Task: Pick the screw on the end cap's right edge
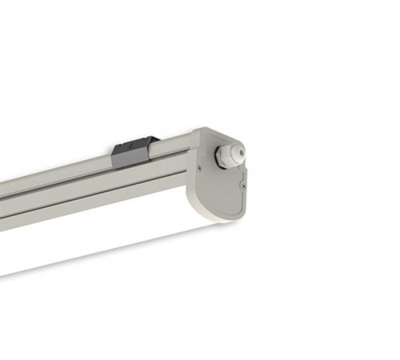tap(244, 184)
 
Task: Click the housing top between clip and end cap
tap(172, 142)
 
